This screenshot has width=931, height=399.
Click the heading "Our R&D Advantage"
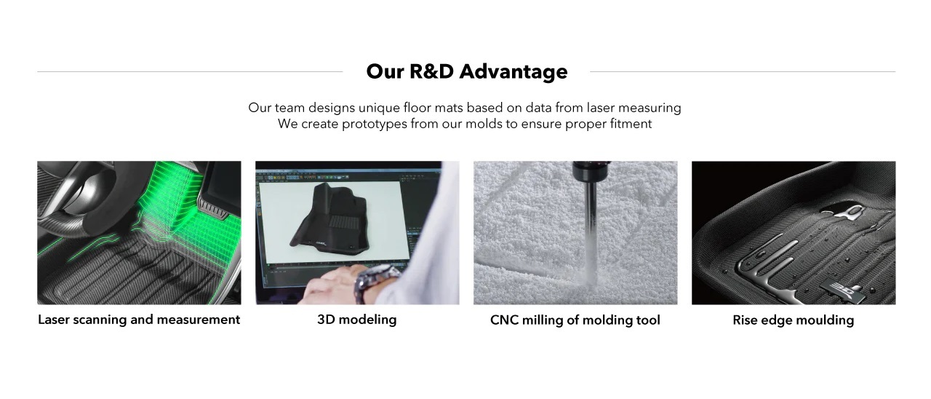point(467,71)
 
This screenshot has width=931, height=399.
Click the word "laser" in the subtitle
point(601,108)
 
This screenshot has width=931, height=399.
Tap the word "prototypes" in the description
point(374,125)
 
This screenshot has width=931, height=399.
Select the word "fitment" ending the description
point(631,124)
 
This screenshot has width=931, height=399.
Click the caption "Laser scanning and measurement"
point(139,320)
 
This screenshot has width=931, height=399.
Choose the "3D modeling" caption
point(357,320)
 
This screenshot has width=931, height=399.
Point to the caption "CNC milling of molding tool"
point(575,320)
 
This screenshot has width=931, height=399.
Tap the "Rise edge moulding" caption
point(793,320)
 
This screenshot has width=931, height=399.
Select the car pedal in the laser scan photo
point(212,208)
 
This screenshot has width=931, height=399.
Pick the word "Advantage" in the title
point(514,71)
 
